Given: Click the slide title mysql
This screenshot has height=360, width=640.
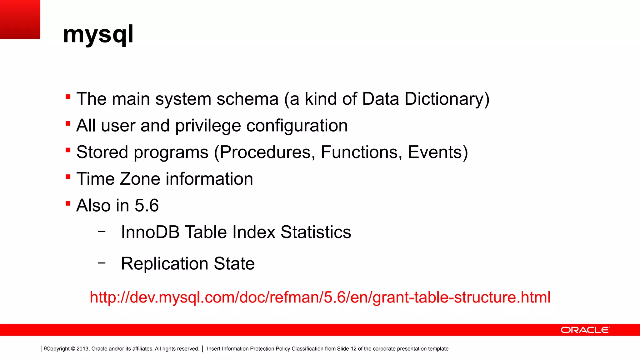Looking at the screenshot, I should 98,34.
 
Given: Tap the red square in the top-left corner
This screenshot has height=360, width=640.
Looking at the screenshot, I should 20,19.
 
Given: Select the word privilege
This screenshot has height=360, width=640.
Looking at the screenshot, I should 208,126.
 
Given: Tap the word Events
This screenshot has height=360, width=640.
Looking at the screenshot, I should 435,152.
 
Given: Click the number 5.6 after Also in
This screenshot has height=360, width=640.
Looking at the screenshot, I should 147,206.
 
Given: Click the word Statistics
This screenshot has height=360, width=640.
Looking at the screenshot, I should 316,232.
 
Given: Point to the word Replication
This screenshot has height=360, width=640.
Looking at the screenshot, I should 165,264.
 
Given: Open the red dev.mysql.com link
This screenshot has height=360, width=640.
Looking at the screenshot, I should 320,297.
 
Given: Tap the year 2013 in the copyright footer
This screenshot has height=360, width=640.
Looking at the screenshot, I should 82,349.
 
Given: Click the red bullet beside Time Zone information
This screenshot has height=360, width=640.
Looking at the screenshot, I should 68,177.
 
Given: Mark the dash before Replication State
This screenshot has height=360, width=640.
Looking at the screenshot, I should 102,263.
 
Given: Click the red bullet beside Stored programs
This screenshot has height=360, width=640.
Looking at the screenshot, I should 68,150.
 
